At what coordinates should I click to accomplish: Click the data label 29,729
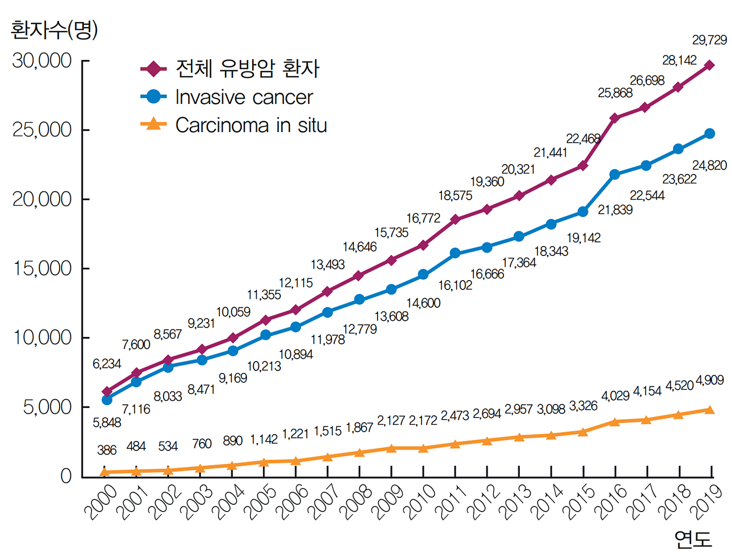[x=709, y=40]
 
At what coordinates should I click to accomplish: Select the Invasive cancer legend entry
[x=226, y=97]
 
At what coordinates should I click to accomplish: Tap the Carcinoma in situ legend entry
[x=233, y=125]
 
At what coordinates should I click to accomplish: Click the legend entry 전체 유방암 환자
[x=230, y=68]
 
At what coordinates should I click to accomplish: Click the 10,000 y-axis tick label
[x=42, y=338]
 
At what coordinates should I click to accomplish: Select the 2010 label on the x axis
[x=419, y=502]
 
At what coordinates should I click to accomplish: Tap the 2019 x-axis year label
[x=706, y=502]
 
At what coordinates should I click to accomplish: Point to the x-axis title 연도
[x=693, y=539]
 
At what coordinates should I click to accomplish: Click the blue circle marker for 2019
[x=709, y=134]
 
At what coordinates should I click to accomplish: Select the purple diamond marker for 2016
[x=614, y=118]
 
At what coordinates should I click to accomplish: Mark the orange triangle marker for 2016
[x=614, y=422]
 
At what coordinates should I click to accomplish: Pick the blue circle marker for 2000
[x=107, y=400]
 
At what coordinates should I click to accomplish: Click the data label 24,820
[x=709, y=165]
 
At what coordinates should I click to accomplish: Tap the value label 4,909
[x=710, y=380]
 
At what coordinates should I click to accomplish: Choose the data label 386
[x=107, y=450]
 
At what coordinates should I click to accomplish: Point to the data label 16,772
[x=423, y=218]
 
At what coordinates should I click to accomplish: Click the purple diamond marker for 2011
[x=455, y=219]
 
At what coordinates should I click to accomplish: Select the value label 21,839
[x=614, y=210]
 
